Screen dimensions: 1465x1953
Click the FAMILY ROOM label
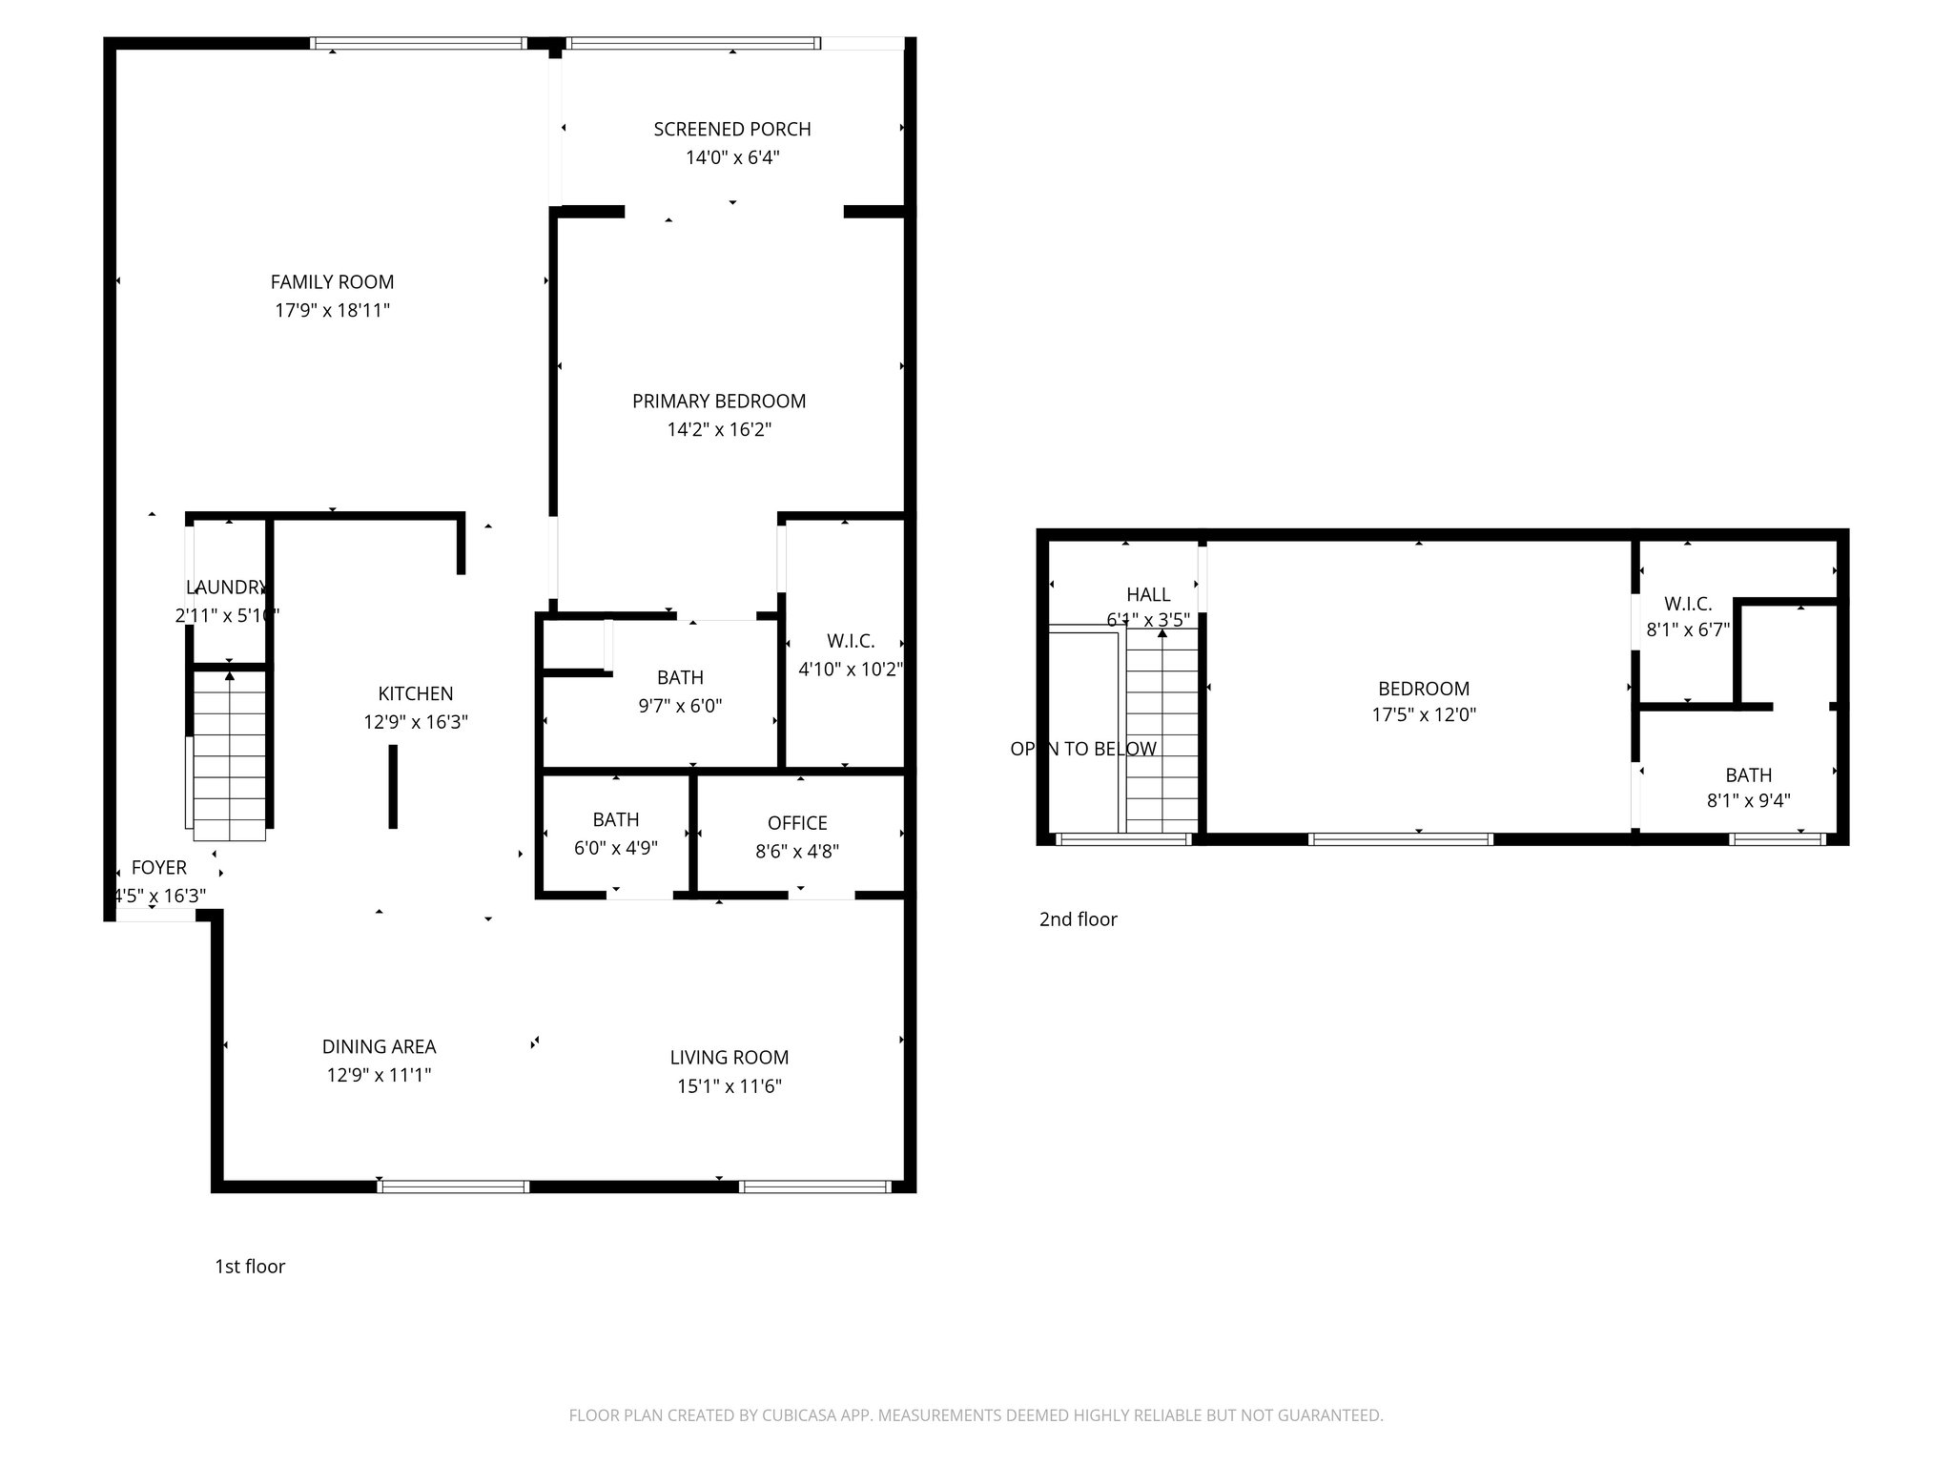332,282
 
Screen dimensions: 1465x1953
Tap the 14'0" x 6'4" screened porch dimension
732,158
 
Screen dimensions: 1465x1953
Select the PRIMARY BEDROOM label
719,402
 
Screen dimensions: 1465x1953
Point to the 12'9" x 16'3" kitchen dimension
415,723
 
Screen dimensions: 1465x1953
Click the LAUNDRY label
226,588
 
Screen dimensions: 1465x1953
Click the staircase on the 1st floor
229,753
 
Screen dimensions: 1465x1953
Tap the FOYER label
158,868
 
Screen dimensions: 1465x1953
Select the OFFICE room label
797,823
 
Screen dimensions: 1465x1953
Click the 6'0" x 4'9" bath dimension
615,848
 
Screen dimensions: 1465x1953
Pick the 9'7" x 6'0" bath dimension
680,707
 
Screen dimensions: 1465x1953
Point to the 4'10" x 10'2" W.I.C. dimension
850,670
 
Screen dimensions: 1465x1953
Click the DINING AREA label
379,1047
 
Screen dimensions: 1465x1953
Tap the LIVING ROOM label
729,1058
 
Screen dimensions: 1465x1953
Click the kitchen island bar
393,787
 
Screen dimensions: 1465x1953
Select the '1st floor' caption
250,1267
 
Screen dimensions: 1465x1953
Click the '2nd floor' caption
1078,919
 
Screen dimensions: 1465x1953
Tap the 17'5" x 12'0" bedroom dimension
1424,715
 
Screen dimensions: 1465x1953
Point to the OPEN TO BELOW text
1083,750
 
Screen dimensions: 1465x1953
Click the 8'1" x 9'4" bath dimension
1748,801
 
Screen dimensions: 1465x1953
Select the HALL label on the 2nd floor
1148,595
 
